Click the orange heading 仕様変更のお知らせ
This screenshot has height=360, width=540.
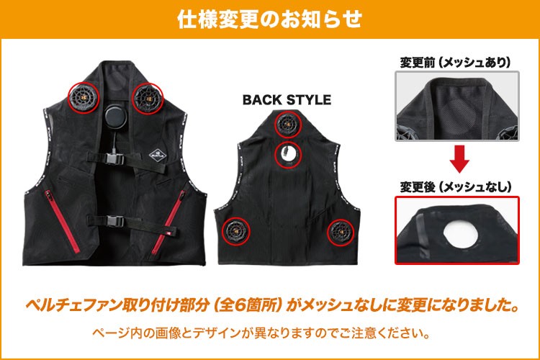click(269, 19)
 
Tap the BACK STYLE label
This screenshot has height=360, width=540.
click(287, 100)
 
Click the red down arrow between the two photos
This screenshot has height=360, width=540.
click(459, 158)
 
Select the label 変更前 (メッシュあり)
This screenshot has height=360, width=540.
click(455, 63)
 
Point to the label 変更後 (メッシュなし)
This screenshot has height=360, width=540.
click(456, 187)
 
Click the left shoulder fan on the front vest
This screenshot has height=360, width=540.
click(84, 98)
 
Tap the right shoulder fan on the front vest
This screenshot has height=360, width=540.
click(148, 98)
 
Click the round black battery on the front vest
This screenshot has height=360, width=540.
click(116, 117)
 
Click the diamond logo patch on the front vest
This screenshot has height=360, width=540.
click(158, 155)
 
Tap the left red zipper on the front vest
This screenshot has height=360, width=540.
click(62, 221)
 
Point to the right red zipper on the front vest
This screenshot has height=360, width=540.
click(168, 222)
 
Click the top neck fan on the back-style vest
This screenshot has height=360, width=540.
click(287, 124)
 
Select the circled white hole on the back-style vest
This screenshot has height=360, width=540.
click(288, 153)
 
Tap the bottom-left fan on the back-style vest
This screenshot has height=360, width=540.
click(236, 231)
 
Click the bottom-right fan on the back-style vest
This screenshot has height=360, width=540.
click(341, 231)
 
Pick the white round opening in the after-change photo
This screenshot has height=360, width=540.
click(461, 232)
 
